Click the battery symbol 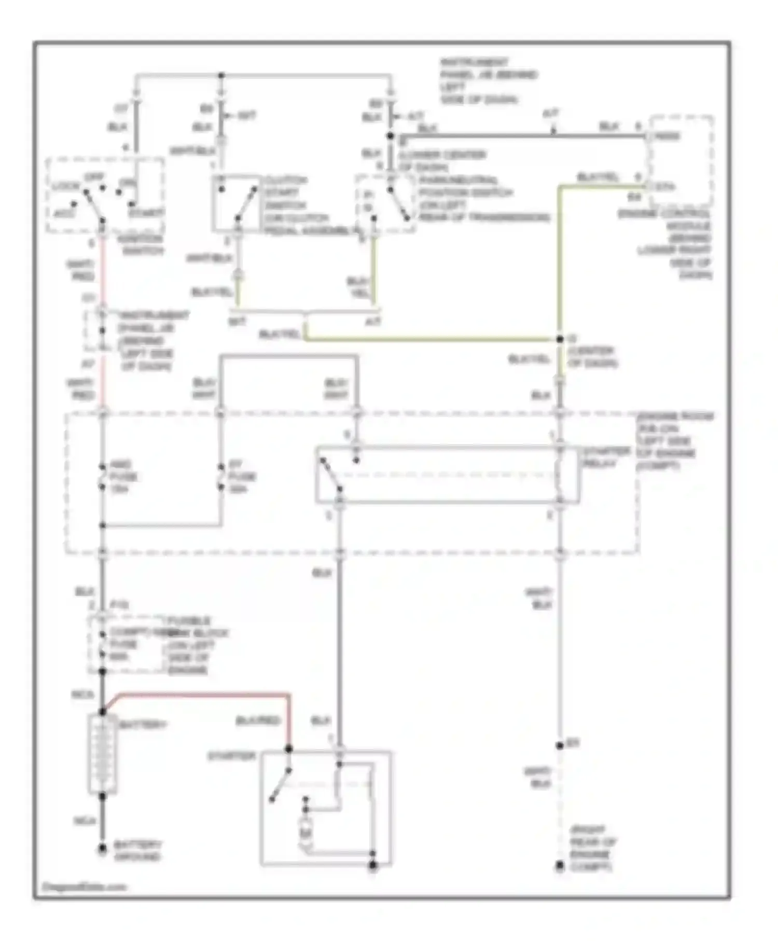[x=102, y=754]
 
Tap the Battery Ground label [x=137, y=851]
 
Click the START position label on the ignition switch [x=147, y=213]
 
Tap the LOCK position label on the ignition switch [x=66, y=186]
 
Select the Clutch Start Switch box [x=236, y=203]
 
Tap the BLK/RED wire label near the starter [x=258, y=721]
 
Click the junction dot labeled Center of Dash [x=560, y=339]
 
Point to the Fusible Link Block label [x=189, y=645]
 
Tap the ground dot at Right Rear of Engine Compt [x=560, y=866]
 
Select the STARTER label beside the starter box [x=232, y=756]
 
